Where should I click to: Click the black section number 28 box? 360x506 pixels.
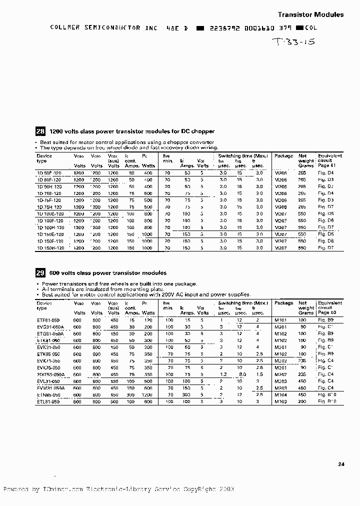click(x=40, y=131)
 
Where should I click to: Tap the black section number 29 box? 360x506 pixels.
click(x=40, y=273)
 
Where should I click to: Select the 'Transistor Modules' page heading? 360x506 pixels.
click(x=310, y=15)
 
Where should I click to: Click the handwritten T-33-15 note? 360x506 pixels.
click(x=293, y=42)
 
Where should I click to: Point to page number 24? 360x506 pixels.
click(x=341, y=464)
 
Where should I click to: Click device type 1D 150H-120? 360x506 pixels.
click(x=50, y=248)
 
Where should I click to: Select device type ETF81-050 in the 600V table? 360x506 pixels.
click(x=48, y=319)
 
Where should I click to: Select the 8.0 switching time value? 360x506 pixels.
click(x=242, y=374)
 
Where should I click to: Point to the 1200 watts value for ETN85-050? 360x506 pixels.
click(x=147, y=394)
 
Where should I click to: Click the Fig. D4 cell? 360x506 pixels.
click(x=326, y=172)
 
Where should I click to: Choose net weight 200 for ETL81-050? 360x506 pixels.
click(x=302, y=401)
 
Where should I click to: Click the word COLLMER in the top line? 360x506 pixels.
click(x=65, y=28)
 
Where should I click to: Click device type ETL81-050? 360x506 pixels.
click(x=48, y=401)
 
